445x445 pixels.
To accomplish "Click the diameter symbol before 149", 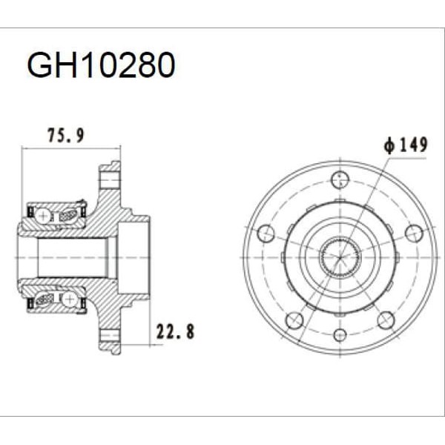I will [389, 145].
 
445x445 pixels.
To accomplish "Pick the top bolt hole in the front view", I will [340, 178].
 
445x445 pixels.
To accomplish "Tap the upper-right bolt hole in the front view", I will [414, 233].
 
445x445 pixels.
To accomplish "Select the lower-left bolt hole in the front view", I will [294, 320].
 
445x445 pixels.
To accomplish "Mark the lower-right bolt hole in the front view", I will [385, 320].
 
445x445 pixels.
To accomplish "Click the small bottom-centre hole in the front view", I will [340, 334].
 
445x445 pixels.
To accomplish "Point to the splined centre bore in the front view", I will [340, 257].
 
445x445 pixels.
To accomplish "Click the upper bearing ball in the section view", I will [44, 214].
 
